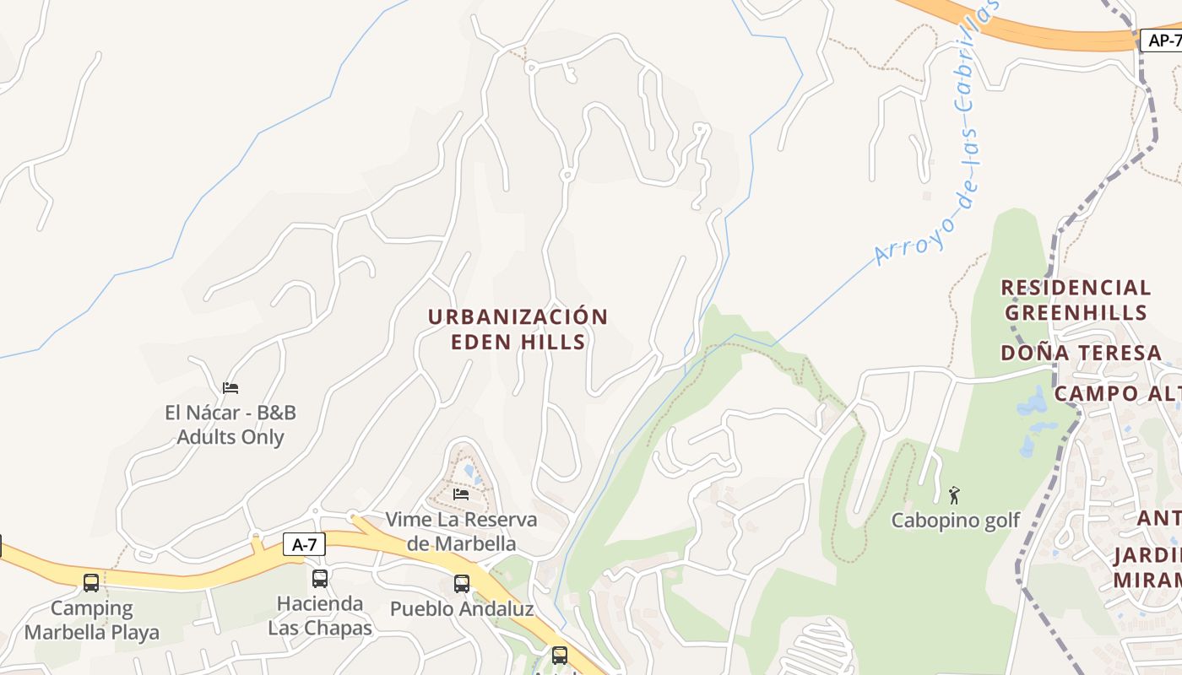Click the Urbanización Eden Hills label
518,329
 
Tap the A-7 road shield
303,544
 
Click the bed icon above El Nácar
230,387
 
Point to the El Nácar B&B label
230,425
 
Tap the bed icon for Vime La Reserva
461,493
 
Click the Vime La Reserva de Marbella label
461,531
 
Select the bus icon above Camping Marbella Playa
91,582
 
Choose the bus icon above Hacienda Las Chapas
320,578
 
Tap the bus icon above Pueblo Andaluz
462,583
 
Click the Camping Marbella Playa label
91,619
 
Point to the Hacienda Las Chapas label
320,616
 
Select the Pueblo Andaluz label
462,608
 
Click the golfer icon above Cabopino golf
955,494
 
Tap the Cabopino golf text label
956,521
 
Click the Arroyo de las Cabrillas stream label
937,135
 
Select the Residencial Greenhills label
1076,300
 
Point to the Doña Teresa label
1081,353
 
